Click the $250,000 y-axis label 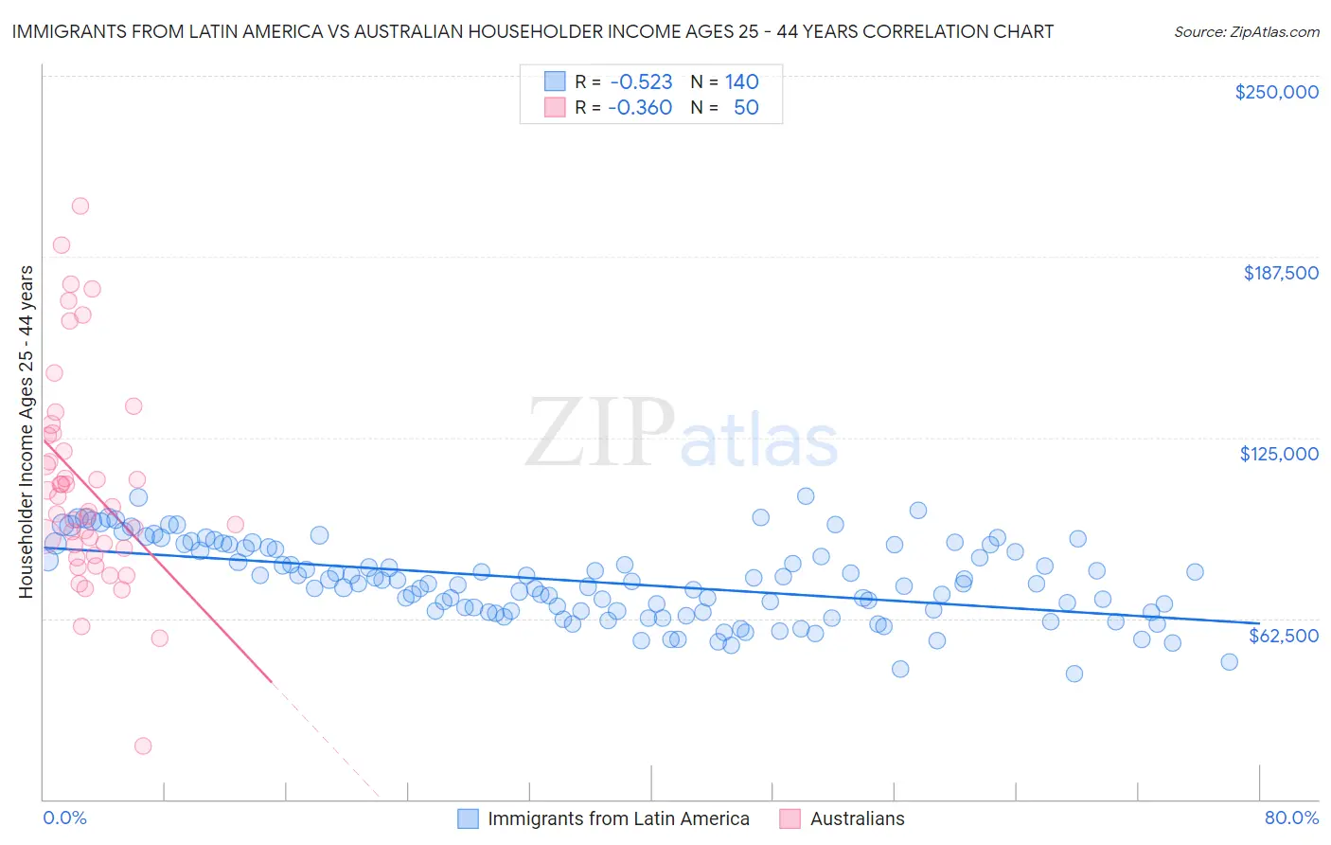pos(1276,92)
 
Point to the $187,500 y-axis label pos(1280,273)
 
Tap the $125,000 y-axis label pos(1279,454)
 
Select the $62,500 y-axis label pos(1284,636)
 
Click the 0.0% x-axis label pos(64,818)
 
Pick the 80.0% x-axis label pos(1291,818)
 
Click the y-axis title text pos(26,432)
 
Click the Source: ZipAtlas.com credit pos(1246,31)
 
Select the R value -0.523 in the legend pos(641,81)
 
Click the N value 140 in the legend pos(742,81)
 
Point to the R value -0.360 pos(640,107)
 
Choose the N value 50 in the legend pos(746,107)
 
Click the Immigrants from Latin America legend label pos(618,818)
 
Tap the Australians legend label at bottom pos(857,818)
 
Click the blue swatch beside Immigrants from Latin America pos(468,818)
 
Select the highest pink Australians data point pos(80,206)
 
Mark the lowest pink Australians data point pos(143,746)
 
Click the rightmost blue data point pos(1229,662)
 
